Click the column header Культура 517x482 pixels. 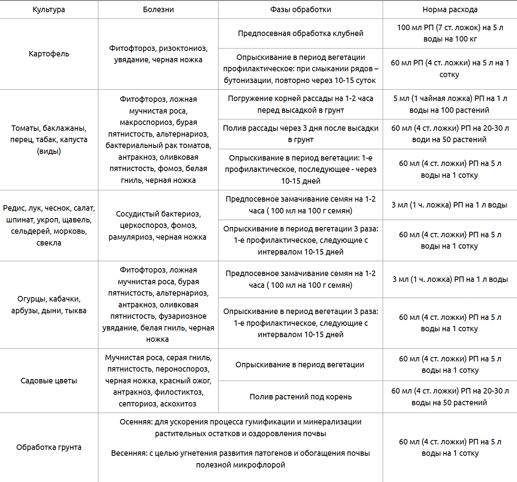click(49, 10)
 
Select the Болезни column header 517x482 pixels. click(158, 10)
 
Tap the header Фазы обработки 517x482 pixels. click(300, 10)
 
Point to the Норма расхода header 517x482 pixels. click(450, 10)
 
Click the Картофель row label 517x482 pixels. click(49, 54)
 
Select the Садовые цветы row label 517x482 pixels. click(49, 381)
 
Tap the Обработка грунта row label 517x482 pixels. click(49, 447)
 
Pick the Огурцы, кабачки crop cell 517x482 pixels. click(49, 305)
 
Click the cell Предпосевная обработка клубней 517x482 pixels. click(300, 33)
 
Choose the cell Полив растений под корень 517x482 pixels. click(300, 397)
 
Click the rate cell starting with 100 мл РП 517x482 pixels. click(450, 33)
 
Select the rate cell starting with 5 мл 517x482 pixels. click(450, 104)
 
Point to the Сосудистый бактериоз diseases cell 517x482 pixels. click(158, 225)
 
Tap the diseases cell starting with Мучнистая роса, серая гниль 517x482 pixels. click(158, 381)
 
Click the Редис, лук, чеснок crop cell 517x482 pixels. click(49, 225)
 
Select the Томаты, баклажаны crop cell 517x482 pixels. click(49, 139)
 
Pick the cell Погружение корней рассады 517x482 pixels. click(300, 104)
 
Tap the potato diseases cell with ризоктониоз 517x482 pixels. click(158, 54)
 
